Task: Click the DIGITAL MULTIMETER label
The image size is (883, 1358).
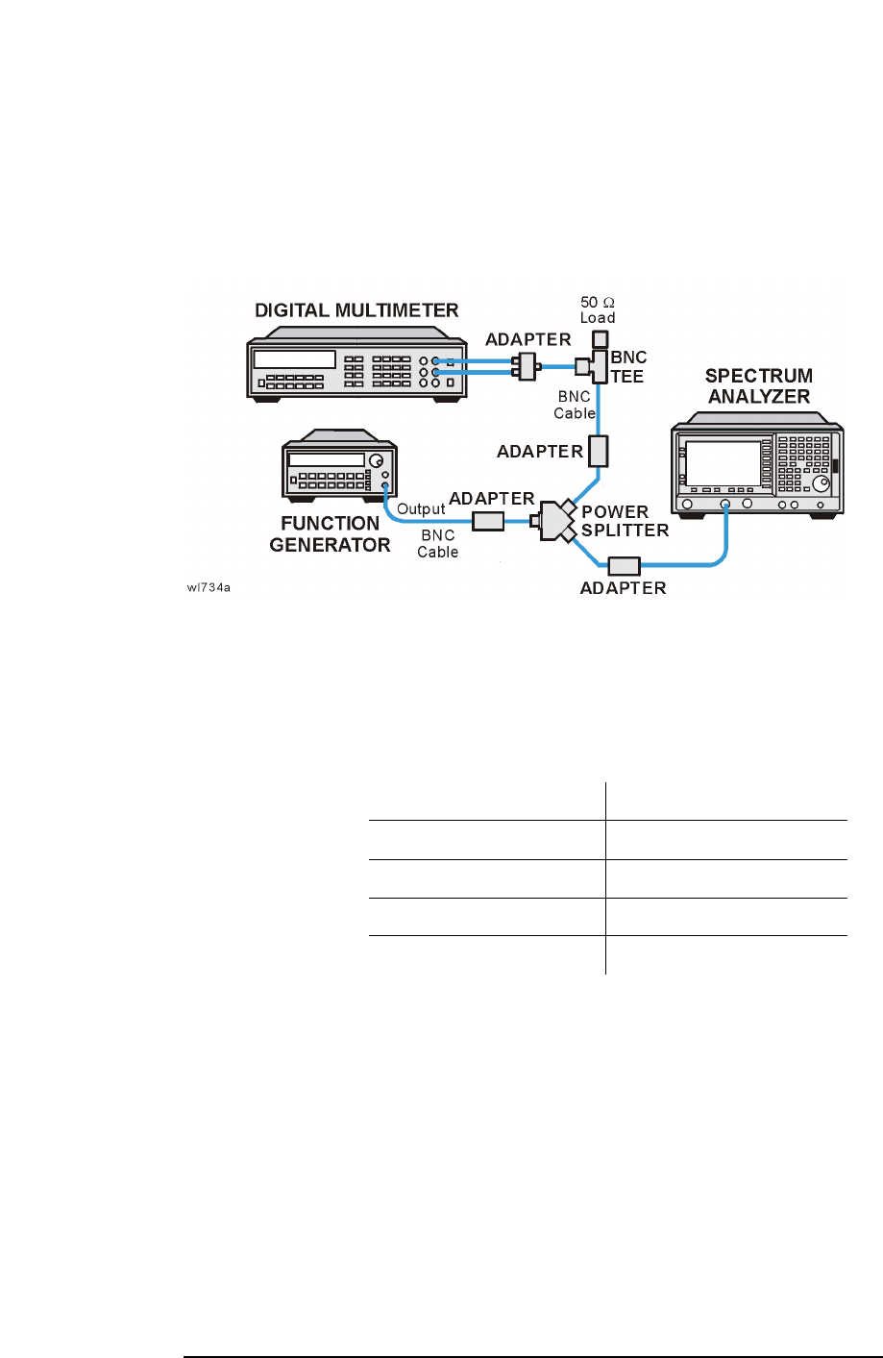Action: click(356, 310)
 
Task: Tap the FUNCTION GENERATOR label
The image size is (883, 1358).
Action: click(330, 534)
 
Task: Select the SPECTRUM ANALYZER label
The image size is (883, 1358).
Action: click(758, 385)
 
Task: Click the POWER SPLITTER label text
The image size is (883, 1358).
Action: click(625, 521)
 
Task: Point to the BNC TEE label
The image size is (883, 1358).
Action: click(628, 367)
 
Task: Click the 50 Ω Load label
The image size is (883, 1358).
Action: click(598, 309)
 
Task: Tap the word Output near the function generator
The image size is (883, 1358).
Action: click(421, 509)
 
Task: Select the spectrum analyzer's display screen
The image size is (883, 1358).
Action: click(722, 463)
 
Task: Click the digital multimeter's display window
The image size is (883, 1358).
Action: click(294, 359)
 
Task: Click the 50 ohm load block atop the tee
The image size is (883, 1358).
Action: click(599, 339)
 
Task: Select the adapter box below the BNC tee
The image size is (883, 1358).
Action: click(598, 450)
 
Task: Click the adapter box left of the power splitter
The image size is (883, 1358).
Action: click(488, 521)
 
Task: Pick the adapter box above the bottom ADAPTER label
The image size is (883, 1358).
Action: click(624, 566)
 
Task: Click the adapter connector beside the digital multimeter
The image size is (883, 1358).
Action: click(525, 366)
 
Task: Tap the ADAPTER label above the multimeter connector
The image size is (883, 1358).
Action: click(528, 339)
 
